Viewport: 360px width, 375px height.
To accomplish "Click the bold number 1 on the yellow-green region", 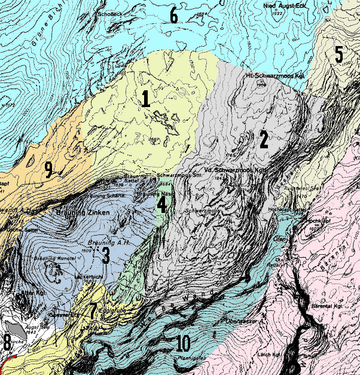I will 145,98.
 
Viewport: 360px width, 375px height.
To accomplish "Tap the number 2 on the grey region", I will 264,140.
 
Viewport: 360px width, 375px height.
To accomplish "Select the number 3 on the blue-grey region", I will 105,256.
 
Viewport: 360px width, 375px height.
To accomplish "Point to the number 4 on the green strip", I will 161,205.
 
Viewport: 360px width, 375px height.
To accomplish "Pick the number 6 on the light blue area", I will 173,15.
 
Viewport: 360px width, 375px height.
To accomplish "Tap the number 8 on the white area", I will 7,343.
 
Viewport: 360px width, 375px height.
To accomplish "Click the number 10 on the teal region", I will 183,343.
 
